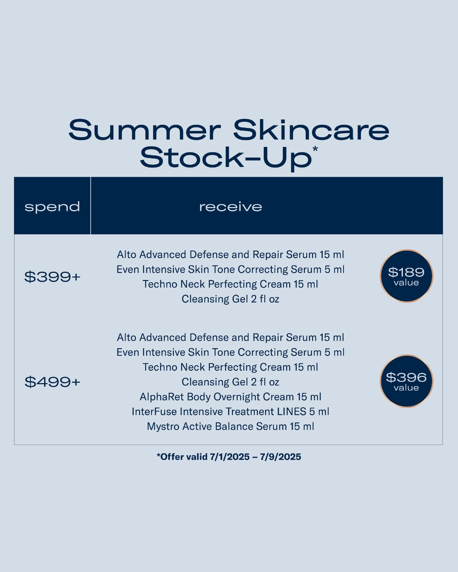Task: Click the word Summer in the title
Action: pyautogui.click(x=145, y=130)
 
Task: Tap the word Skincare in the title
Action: pyautogui.click(x=311, y=130)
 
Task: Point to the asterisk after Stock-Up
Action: pyautogui.click(x=315, y=148)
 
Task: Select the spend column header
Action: pyautogui.click(x=52, y=207)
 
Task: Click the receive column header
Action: pyautogui.click(x=231, y=207)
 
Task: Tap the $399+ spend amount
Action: pyautogui.click(x=53, y=277)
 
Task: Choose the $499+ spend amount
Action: pyautogui.click(x=53, y=382)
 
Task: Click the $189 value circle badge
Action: pyautogui.click(x=406, y=276)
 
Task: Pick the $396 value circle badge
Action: pyautogui.click(x=406, y=381)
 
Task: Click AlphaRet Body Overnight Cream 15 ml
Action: pyautogui.click(x=230, y=397)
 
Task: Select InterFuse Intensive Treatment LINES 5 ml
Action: pyautogui.click(x=230, y=412)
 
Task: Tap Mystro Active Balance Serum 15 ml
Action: pyautogui.click(x=230, y=427)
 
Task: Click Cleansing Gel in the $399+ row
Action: pyautogui.click(x=230, y=299)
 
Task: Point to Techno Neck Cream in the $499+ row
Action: pyautogui.click(x=230, y=367)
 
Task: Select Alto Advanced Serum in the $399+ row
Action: pyautogui.click(x=230, y=255)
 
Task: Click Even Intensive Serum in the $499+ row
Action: pyautogui.click(x=230, y=353)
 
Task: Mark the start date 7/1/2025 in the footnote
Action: pyautogui.click(x=230, y=457)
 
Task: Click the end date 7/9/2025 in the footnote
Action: pyautogui.click(x=281, y=457)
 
